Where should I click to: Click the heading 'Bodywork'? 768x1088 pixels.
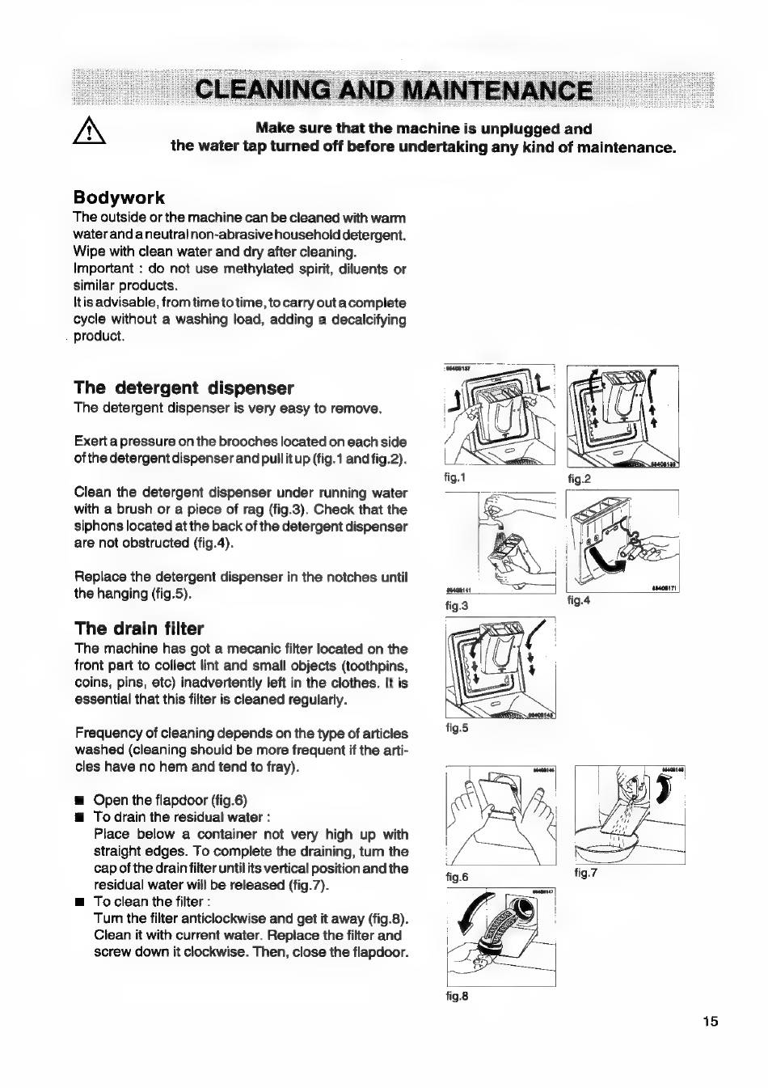click(x=119, y=197)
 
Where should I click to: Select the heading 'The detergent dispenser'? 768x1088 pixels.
click(x=184, y=387)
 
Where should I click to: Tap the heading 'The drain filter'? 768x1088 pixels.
click(x=139, y=629)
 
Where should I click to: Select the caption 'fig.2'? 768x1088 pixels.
click(x=580, y=479)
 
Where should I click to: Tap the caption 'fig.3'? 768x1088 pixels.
click(x=458, y=604)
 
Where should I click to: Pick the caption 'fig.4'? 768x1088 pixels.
click(x=580, y=600)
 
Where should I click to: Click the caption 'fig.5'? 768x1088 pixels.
click(x=458, y=727)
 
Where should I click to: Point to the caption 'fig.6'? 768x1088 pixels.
click(x=458, y=876)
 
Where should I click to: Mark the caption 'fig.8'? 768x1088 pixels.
click(x=458, y=996)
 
